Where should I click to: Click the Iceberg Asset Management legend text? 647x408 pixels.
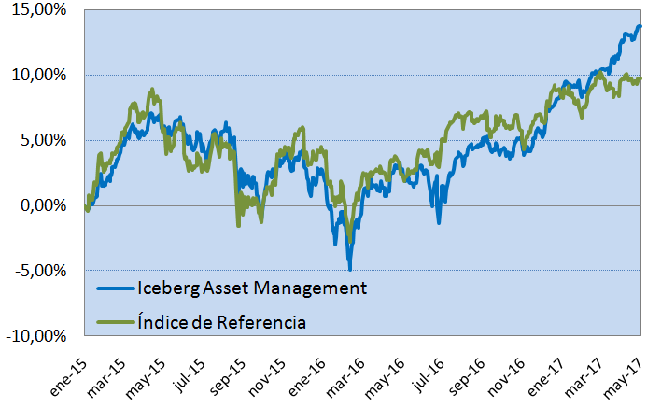251,288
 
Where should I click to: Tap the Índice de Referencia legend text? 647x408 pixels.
221,322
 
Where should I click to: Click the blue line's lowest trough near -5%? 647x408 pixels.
350,269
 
